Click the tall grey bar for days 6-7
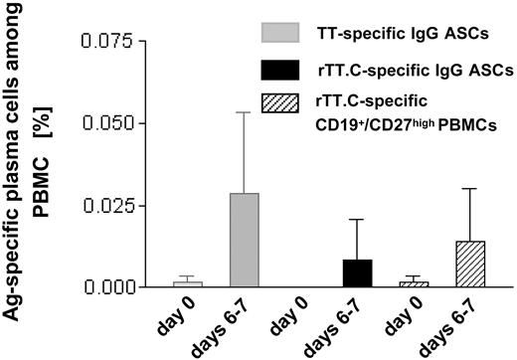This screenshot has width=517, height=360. point(244,240)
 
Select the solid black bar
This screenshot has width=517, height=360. point(358,272)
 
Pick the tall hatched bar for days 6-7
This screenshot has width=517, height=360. point(471,264)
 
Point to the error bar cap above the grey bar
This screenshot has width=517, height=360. point(244,112)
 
